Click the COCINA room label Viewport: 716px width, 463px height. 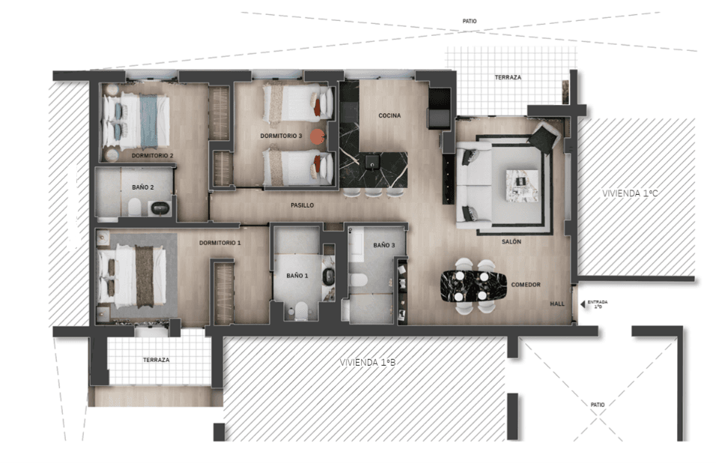[389, 115]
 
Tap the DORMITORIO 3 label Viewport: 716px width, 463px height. [282, 136]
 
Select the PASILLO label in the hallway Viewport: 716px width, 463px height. [303, 205]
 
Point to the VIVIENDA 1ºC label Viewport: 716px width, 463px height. [630, 193]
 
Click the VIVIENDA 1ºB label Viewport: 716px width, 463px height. [368, 362]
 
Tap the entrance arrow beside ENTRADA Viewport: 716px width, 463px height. [583, 303]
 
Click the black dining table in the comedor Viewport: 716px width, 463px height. [473, 286]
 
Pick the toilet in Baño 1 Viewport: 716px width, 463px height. [301, 310]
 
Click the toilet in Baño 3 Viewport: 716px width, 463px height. [358, 280]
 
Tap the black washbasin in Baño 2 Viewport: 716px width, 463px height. [160, 209]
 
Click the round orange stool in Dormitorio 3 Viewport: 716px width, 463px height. [318, 136]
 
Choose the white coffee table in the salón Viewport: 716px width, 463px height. [522, 185]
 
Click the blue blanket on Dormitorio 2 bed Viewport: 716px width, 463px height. [148, 121]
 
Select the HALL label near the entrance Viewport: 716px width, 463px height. [557, 303]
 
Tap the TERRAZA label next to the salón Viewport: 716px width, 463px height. [508, 77]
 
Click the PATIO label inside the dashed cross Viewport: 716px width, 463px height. [597, 405]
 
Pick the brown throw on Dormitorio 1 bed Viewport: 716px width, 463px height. [145, 276]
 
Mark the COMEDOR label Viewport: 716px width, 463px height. [526, 285]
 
